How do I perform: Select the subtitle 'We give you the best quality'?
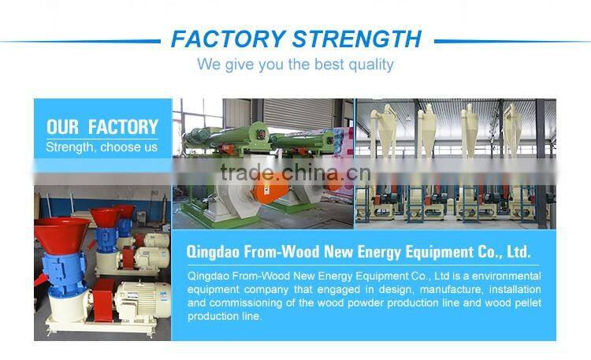[295, 64]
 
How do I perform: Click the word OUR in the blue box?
[63, 127]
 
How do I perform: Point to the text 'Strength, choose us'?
[102, 147]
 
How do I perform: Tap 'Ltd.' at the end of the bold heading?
[516, 253]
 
